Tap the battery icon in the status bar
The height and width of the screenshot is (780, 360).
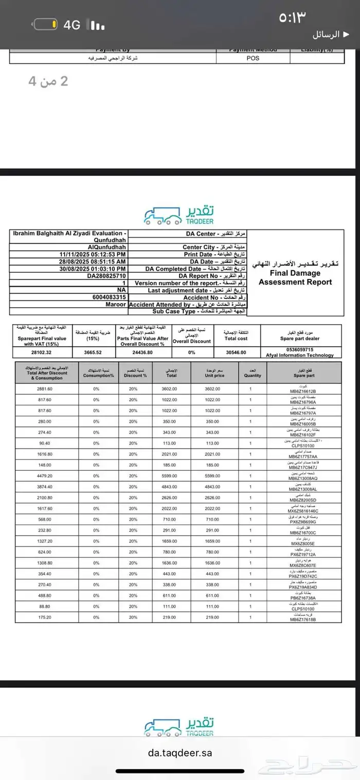45,24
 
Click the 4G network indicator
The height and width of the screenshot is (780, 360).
72,24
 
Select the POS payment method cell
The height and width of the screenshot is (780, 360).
253,58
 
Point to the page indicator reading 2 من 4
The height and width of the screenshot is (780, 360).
48,81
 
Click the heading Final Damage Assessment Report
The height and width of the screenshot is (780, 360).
295,277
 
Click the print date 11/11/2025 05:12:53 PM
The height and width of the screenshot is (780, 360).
92,254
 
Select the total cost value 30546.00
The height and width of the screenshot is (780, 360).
236,352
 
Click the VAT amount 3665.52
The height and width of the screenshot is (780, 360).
94,352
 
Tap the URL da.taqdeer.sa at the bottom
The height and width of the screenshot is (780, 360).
179,752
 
